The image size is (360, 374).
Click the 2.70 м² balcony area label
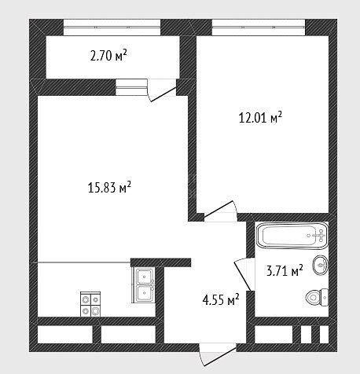(108, 55)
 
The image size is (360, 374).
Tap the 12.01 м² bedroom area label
(260, 117)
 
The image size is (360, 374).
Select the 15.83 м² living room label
(109, 187)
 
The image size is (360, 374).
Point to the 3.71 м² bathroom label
(285, 270)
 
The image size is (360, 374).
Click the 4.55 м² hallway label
(221, 299)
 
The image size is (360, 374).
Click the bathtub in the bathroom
(292, 235)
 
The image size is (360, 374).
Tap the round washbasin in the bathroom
(320, 265)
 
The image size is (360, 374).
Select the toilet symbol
(317, 297)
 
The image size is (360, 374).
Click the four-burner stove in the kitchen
(90, 304)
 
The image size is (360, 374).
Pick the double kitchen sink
(144, 284)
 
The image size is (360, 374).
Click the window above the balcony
(112, 27)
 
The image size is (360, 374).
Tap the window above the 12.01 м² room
(259, 27)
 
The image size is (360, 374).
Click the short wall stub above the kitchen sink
(160, 262)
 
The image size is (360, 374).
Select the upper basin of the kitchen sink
(144, 276)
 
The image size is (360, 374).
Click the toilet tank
(325, 297)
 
